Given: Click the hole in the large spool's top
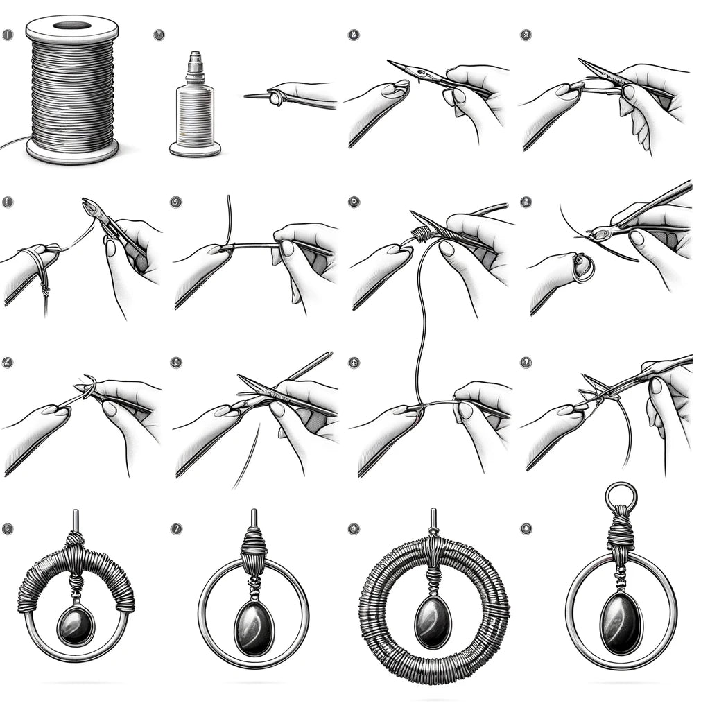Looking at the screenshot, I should [72, 25].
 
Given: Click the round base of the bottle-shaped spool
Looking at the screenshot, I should [195, 148].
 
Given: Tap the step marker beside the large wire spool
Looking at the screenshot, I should [8, 34].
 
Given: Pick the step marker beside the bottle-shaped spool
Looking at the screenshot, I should [159, 33].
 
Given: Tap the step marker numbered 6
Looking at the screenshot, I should [8, 529].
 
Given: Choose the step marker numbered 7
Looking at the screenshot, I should [176, 529].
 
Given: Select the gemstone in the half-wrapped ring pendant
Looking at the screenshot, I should [75, 625].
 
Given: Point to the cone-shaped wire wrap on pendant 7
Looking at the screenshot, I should [254, 555].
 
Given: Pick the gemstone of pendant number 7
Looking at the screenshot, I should [254, 627].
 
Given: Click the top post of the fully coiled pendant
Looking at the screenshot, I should [433, 521].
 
